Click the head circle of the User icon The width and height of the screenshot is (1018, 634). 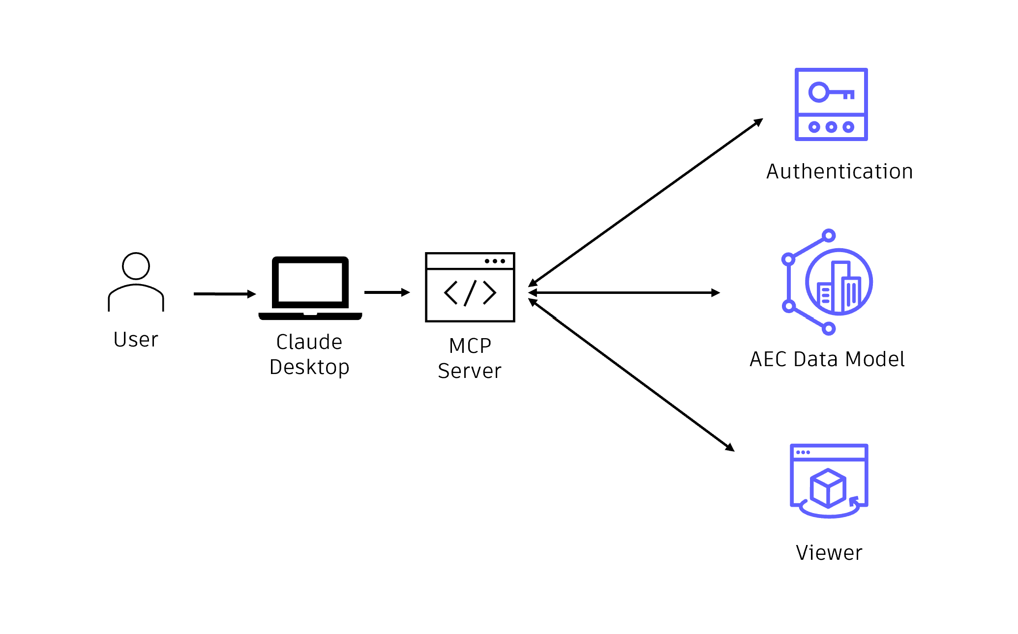point(136,266)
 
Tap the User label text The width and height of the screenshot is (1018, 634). point(136,340)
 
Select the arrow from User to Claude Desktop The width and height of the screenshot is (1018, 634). point(224,294)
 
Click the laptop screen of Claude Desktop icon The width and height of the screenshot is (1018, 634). point(310,282)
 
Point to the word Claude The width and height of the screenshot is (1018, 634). point(309,342)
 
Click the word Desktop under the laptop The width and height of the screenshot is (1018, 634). point(309,367)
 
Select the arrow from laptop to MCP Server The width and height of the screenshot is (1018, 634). point(387,292)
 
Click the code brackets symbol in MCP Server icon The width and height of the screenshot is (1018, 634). point(470,293)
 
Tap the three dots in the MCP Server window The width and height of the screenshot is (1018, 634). point(495,261)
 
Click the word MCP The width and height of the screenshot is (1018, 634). point(470,346)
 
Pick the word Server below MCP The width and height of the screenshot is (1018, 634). point(470,371)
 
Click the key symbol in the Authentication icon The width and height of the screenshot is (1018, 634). point(831,92)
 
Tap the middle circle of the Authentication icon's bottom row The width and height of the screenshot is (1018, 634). point(831,127)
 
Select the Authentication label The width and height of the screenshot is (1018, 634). point(839,172)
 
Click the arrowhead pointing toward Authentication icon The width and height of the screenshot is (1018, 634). point(758,122)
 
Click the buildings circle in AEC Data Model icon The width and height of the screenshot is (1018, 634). point(839,282)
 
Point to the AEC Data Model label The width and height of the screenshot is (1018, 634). point(827,359)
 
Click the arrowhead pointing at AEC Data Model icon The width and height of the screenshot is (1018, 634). point(716,293)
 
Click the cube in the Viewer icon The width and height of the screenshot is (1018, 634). point(828,488)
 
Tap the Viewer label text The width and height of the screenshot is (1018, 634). point(829,553)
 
